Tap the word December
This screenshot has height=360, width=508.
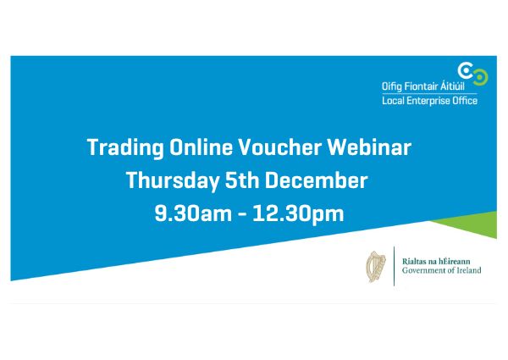point(317,180)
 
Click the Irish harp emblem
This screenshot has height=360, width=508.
point(374,265)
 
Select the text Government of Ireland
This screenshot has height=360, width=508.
point(441,271)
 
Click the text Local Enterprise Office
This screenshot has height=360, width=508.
point(429,101)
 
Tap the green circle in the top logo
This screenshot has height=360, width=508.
point(480,77)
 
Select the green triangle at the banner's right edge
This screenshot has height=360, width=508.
point(474,225)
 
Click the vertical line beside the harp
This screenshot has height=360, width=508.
point(394,265)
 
